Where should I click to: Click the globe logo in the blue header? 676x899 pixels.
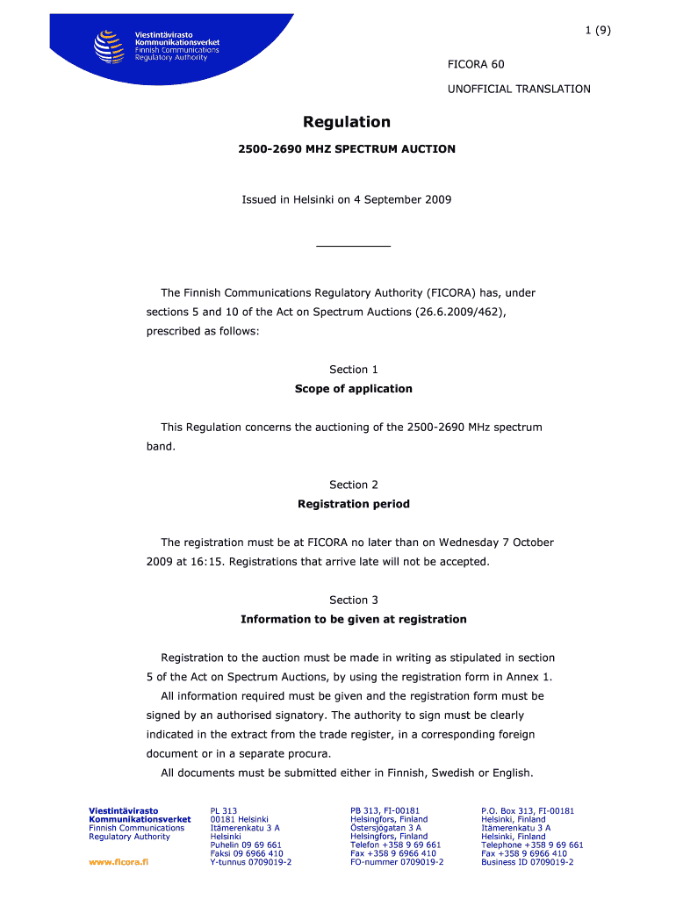[108, 47]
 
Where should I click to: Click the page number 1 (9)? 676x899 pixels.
[598, 30]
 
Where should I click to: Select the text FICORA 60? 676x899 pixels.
[476, 64]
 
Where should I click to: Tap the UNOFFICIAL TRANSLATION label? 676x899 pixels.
[519, 89]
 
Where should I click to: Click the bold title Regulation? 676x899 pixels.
[347, 122]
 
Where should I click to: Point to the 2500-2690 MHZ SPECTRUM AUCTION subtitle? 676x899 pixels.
[347, 149]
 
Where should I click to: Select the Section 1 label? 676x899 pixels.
[353, 370]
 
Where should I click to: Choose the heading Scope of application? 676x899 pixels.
[353, 389]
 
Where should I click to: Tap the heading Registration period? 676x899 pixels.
[353, 504]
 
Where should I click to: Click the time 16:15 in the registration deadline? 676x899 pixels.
[210, 562]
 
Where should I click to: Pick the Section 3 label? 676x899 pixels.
[353, 601]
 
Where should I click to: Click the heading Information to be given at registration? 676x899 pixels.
[353, 620]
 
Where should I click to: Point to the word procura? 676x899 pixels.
[307, 754]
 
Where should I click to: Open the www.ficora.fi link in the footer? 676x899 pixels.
[119, 862]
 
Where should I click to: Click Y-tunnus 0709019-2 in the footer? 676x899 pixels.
[251, 862]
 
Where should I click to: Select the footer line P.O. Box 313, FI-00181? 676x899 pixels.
[528, 811]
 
